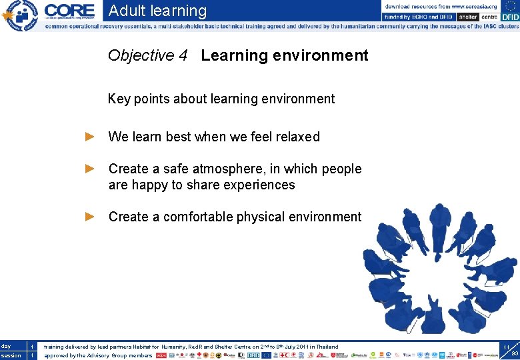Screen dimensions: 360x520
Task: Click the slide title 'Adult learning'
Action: (x=157, y=11)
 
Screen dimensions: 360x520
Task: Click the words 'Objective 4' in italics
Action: (x=147, y=55)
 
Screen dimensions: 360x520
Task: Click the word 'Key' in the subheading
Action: (x=119, y=99)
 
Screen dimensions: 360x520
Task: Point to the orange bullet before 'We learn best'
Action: (x=91, y=137)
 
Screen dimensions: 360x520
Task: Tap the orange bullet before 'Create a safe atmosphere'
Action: (x=91, y=169)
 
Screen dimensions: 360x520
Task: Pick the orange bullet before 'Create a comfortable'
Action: (x=91, y=217)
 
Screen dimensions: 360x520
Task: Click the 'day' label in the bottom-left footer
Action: (x=6, y=347)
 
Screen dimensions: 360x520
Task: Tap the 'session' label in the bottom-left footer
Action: (x=11, y=355)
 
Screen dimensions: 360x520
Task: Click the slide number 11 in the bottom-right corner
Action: (x=506, y=348)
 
